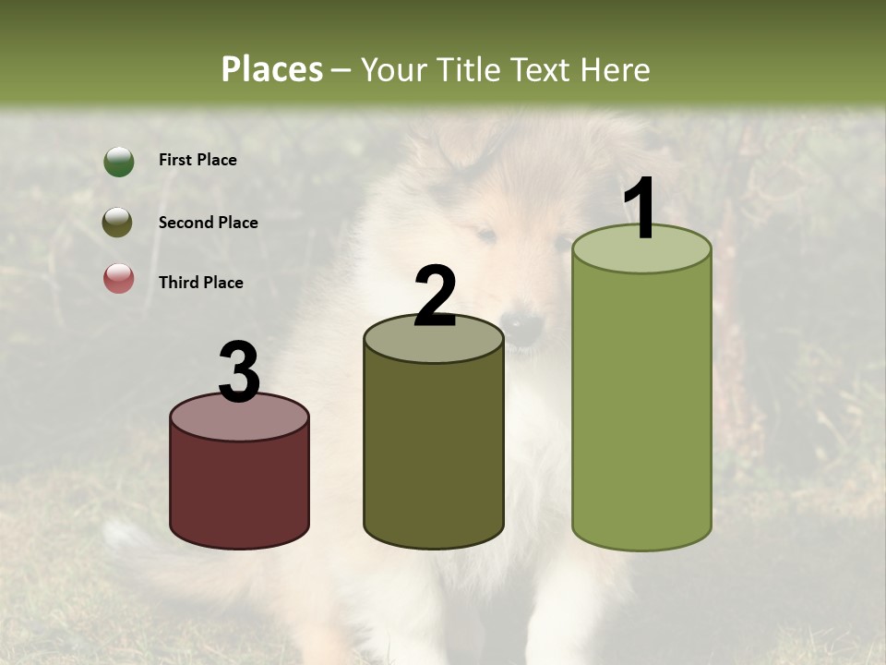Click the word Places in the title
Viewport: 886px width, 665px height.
pyautogui.click(x=272, y=69)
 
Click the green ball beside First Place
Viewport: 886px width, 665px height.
pyautogui.click(x=118, y=162)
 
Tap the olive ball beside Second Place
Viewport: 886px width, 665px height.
pyautogui.click(x=118, y=223)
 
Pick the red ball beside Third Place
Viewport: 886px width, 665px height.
pyautogui.click(x=118, y=278)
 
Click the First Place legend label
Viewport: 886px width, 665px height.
pyautogui.click(x=198, y=160)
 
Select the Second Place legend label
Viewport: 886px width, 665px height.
pyautogui.click(x=208, y=223)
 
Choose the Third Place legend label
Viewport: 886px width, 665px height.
pyautogui.click(x=200, y=283)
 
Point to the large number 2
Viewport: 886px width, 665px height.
pyautogui.click(x=435, y=296)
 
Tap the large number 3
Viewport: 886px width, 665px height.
pyautogui.click(x=239, y=372)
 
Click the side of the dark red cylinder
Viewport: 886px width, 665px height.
pyautogui.click(x=239, y=490)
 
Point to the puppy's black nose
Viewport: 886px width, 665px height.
pyautogui.click(x=524, y=325)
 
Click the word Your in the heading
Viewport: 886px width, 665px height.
pyautogui.click(x=391, y=69)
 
